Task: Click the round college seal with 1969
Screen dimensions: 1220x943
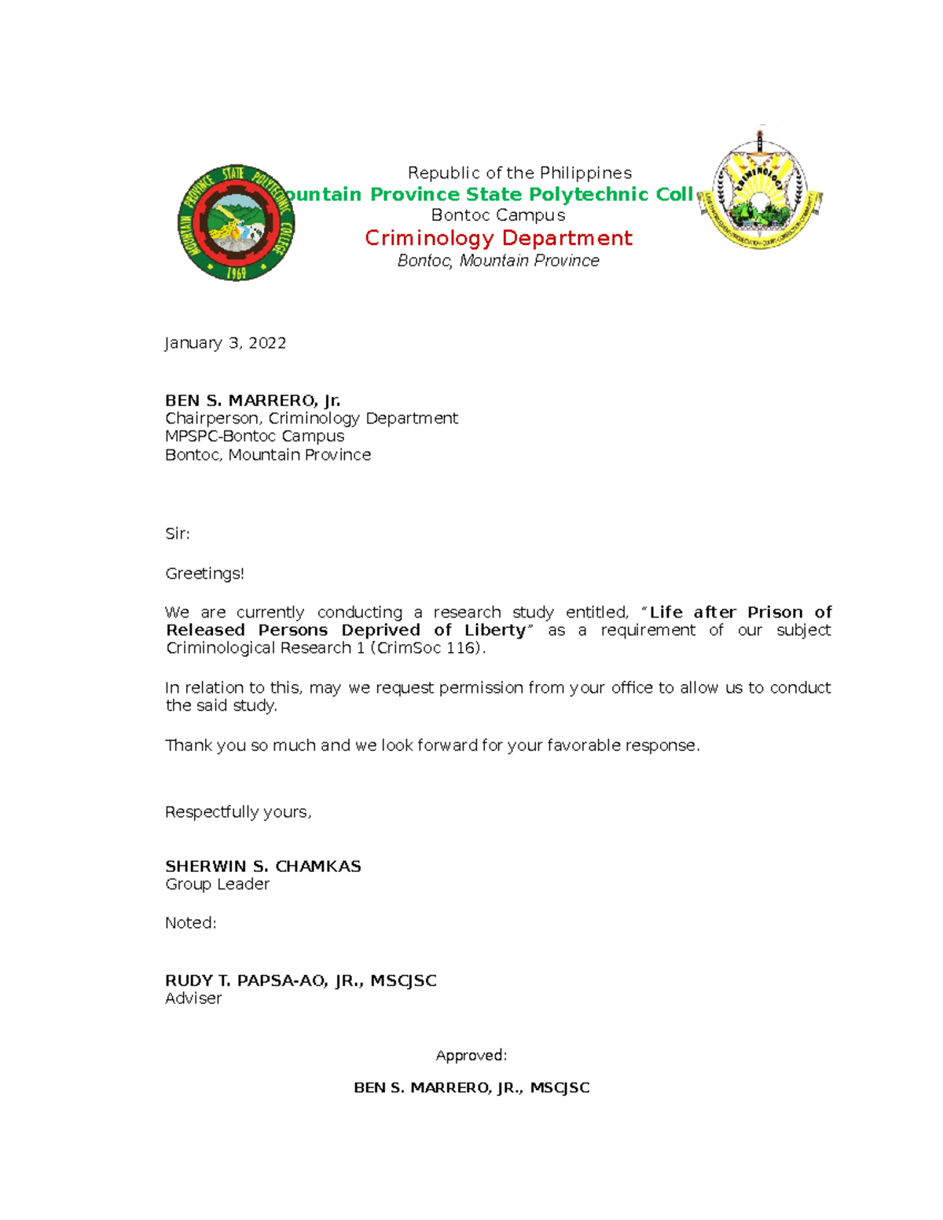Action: tap(236, 224)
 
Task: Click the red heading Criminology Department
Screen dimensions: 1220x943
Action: tap(498, 238)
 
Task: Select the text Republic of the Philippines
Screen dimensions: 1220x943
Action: tap(519, 173)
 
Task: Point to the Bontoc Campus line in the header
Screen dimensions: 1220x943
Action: tap(498, 215)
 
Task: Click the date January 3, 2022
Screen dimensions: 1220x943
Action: tap(226, 343)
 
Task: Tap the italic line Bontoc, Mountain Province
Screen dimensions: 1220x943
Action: tap(498, 261)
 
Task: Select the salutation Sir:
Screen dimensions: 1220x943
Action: tap(178, 534)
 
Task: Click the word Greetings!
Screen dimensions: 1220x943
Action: tap(204, 574)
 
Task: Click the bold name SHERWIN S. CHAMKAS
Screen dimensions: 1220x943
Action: tap(263, 866)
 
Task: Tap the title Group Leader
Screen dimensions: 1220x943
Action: tap(217, 885)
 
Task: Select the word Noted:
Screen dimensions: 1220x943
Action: tap(191, 923)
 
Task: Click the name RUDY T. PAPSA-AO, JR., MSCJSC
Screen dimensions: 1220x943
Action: tap(301, 980)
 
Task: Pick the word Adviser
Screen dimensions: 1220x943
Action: tap(193, 998)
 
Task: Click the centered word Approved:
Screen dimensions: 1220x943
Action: tap(472, 1056)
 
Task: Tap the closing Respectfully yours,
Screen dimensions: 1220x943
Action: tap(238, 812)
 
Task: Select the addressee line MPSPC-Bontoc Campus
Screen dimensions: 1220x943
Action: tap(255, 436)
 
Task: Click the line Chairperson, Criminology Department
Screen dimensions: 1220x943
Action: tap(311, 418)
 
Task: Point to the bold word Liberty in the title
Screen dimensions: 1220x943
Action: tap(495, 630)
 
